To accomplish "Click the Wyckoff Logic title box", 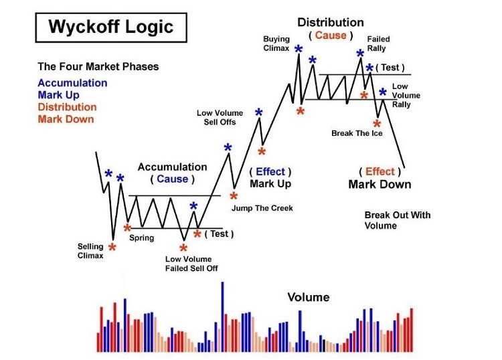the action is click(x=111, y=27).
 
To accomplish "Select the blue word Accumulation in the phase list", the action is click(x=72, y=83).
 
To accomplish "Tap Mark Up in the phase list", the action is click(x=59, y=95).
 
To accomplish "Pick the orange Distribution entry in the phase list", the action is click(x=67, y=107).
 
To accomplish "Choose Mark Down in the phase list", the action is click(x=66, y=119).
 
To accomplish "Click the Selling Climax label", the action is click(x=90, y=251).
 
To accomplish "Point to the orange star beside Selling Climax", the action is click(x=112, y=247).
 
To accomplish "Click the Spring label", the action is click(x=141, y=238).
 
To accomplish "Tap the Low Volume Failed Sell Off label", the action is click(x=191, y=264).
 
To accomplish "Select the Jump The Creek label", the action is click(x=262, y=208).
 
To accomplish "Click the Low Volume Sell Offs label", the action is click(x=220, y=118).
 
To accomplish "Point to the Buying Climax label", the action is click(x=276, y=43).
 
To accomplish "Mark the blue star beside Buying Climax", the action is click(x=299, y=50).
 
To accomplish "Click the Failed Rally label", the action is click(x=378, y=43).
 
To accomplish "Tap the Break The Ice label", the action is click(x=357, y=133).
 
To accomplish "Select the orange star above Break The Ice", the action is click(x=377, y=124).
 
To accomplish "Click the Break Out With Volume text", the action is click(x=398, y=220).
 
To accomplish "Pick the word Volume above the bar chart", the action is click(x=309, y=297).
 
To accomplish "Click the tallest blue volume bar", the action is click(x=223, y=317).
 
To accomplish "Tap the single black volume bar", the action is click(x=324, y=345).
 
